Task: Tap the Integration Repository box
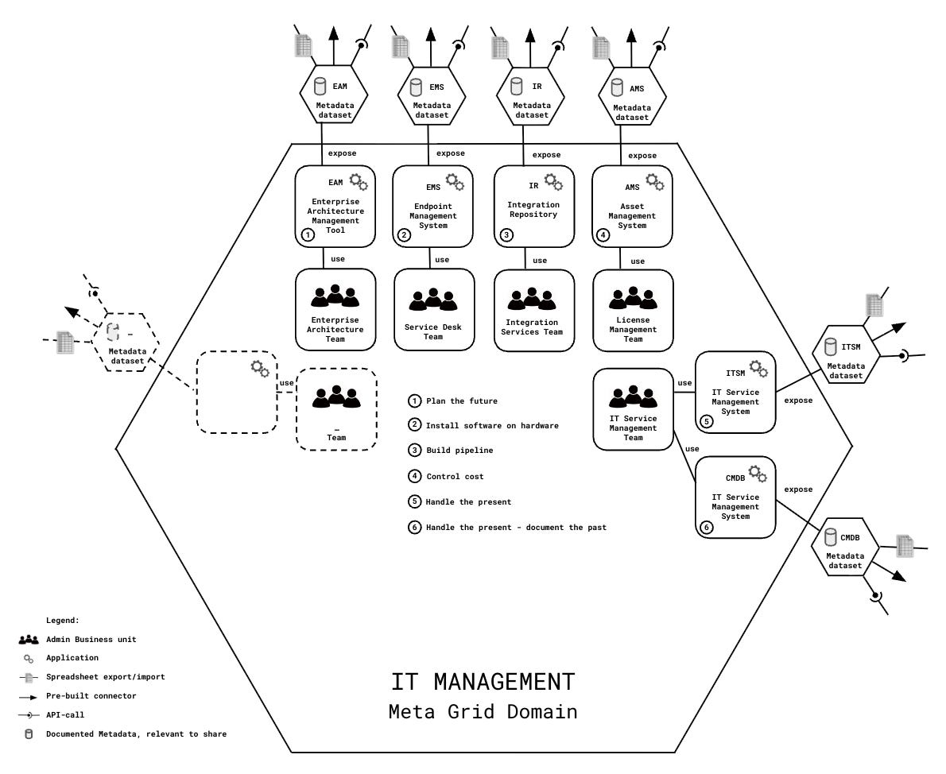point(533,207)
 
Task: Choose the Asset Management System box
point(633,207)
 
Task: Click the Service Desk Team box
point(434,309)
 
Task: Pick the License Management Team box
point(633,311)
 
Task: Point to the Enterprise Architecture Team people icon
point(335,296)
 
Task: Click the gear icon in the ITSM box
point(758,369)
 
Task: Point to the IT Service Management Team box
point(633,407)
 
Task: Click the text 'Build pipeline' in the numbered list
point(459,451)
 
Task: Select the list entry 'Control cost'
point(455,477)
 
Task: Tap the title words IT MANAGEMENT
point(483,682)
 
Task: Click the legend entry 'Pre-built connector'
point(91,696)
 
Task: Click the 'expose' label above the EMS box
point(451,153)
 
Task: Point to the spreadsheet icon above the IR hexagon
point(500,46)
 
